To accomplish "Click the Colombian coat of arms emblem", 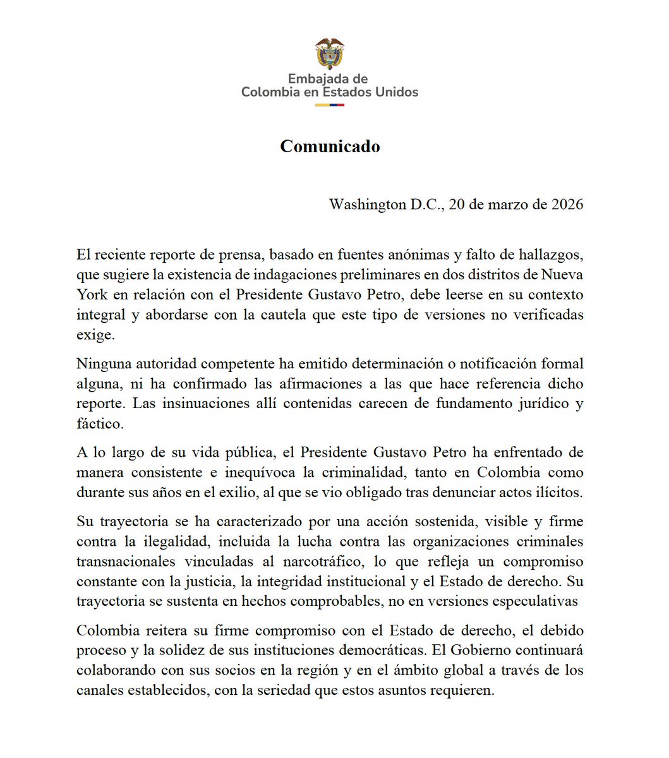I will click(x=330, y=54).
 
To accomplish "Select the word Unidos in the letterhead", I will click(x=395, y=92).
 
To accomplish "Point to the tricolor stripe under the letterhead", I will click(x=330, y=105).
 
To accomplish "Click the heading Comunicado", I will click(x=330, y=147).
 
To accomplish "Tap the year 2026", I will click(x=565, y=205).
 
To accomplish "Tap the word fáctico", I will click(x=100, y=423).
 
